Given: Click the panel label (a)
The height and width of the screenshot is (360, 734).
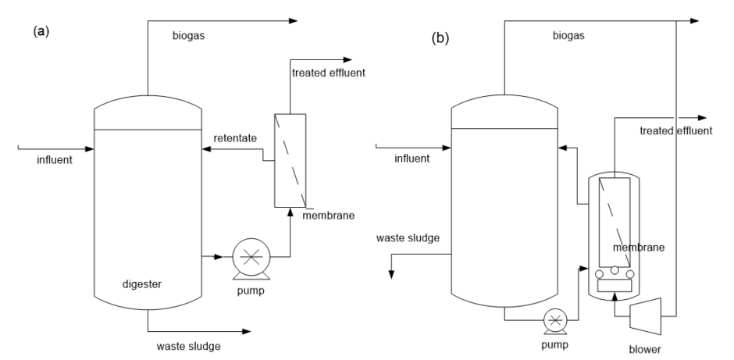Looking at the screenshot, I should (x=37, y=33).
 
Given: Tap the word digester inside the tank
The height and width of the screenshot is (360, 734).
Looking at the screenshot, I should (x=142, y=285).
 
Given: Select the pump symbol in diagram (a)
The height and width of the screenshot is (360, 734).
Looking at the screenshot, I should (x=251, y=255).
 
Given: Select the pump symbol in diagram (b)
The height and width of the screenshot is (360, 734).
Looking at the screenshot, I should (x=555, y=319).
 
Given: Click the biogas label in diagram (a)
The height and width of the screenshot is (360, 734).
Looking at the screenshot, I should (x=188, y=36).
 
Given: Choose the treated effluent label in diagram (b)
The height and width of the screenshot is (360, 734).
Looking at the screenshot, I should (x=675, y=130).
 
